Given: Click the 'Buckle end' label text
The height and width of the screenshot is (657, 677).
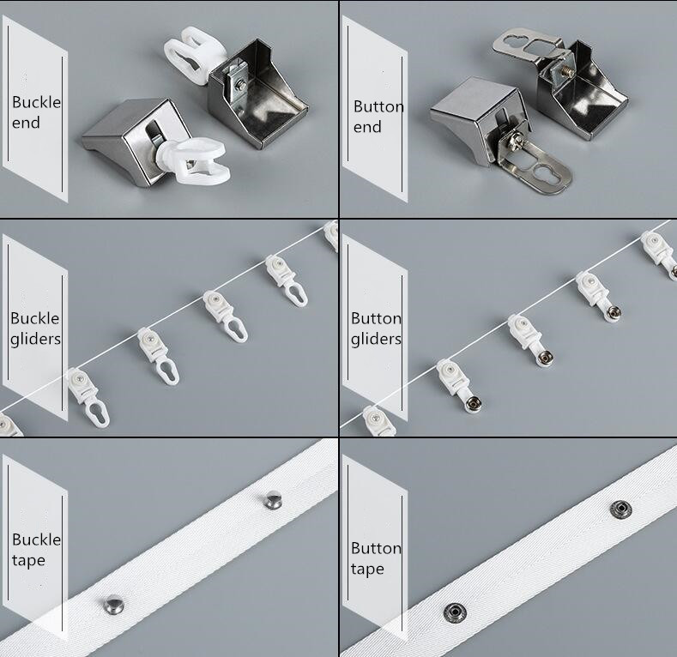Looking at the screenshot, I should [36, 112].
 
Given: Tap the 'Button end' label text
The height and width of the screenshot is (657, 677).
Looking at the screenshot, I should [378, 117].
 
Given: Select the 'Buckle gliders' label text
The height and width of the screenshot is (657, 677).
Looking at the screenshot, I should [36, 328].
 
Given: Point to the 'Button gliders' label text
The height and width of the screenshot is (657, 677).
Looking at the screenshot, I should [376, 328].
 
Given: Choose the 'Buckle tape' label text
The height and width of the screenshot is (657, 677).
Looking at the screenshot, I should [36, 550].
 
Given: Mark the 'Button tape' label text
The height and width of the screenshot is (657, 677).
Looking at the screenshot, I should [376, 558].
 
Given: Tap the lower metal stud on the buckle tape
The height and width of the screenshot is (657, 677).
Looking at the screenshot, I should [112, 605].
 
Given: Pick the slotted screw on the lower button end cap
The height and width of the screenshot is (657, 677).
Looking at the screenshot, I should [517, 133].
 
